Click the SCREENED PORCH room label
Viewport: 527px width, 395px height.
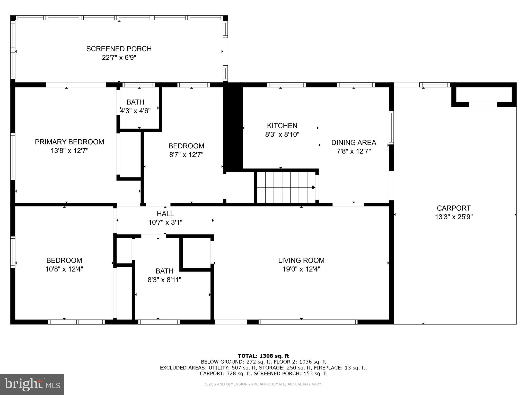point(119,49)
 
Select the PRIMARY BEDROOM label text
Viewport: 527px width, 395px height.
point(69,142)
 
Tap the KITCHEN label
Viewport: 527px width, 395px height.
point(282,126)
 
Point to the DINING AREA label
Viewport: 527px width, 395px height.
point(354,142)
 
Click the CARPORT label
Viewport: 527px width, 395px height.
point(453,208)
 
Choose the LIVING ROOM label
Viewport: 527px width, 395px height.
point(301,261)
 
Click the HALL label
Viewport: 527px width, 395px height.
point(165,214)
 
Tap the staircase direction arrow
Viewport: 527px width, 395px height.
point(313,187)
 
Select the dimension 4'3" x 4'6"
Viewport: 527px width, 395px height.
point(135,111)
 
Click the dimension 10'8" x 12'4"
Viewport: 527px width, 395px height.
point(64,269)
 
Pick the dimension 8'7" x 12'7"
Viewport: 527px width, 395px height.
point(186,155)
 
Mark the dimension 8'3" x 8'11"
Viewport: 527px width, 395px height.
point(164,280)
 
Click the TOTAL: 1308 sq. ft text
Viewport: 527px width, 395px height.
point(263,356)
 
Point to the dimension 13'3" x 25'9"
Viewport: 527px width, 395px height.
point(454,217)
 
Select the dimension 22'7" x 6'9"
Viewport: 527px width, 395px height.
point(119,58)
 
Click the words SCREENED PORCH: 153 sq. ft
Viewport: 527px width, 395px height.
point(290,374)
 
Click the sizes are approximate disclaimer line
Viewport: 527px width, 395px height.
point(263,384)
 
